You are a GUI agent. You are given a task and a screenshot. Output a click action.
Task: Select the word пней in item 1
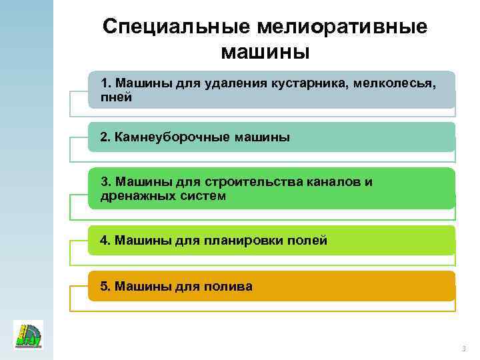coord(115,97)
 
